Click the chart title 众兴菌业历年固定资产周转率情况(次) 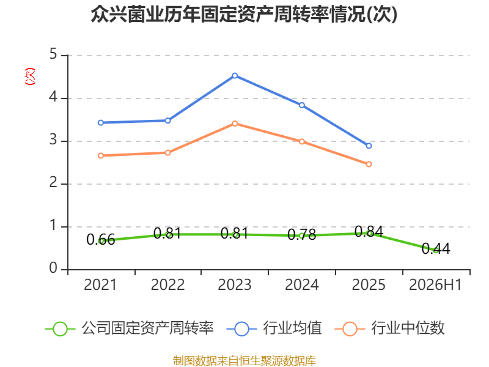[244, 14]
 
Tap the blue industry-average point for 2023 [235, 75]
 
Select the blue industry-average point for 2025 [369, 146]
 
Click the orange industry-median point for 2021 [101, 155]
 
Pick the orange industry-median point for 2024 [302, 141]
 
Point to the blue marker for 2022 [167, 120]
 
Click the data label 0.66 [101, 240]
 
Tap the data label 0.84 [369, 232]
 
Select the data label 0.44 [436, 249]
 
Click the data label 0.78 [302, 234]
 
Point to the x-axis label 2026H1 [435, 284]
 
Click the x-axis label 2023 [235, 284]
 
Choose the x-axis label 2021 [100, 284]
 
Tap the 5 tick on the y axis [53, 54]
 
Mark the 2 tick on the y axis [53, 182]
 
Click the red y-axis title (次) [30, 76]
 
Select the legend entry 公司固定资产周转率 [130, 328]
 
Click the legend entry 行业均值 [274, 328]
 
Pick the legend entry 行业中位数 [390, 328]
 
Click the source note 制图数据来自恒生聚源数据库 [244, 361]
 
